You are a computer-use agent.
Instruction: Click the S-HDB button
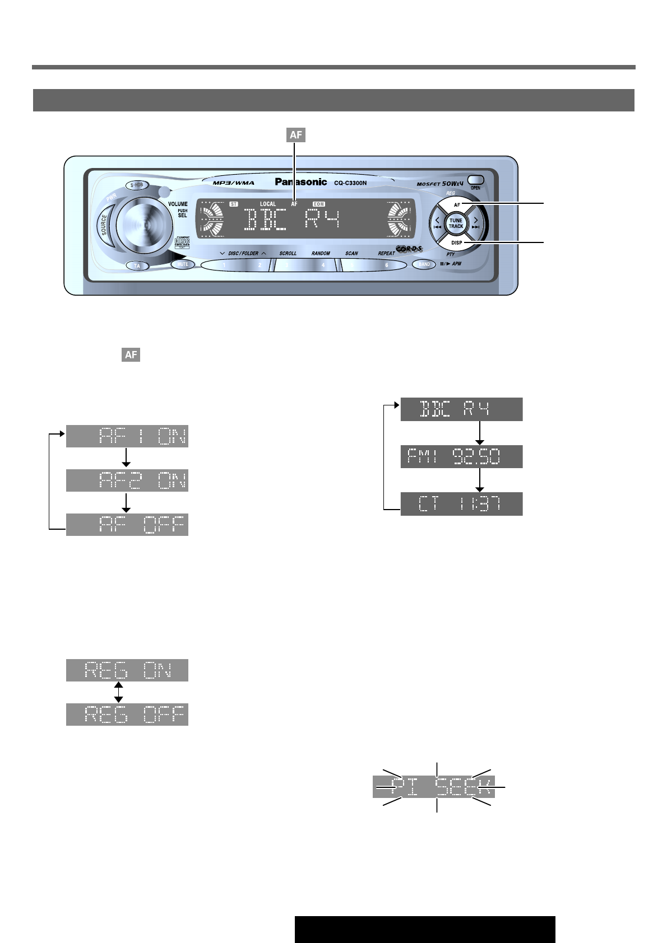[x=137, y=185]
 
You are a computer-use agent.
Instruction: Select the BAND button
[x=424, y=264]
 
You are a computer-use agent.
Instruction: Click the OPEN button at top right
[x=475, y=181]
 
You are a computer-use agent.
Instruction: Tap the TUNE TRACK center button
[x=456, y=223]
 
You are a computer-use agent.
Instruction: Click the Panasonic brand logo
[x=301, y=182]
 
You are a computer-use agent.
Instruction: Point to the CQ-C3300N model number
[x=350, y=183]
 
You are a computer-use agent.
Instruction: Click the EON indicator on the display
[x=318, y=204]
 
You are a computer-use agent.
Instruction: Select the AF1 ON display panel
[x=127, y=436]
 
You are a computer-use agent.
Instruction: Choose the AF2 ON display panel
[x=127, y=480]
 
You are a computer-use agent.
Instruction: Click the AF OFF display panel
[x=127, y=525]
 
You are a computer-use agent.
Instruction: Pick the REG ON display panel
[x=127, y=670]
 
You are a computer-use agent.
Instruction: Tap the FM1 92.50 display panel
[x=461, y=457]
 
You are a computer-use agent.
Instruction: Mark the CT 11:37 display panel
[x=461, y=504]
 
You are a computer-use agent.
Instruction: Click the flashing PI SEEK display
[x=434, y=787]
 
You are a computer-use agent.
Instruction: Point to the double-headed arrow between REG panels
[x=118, y=692]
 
